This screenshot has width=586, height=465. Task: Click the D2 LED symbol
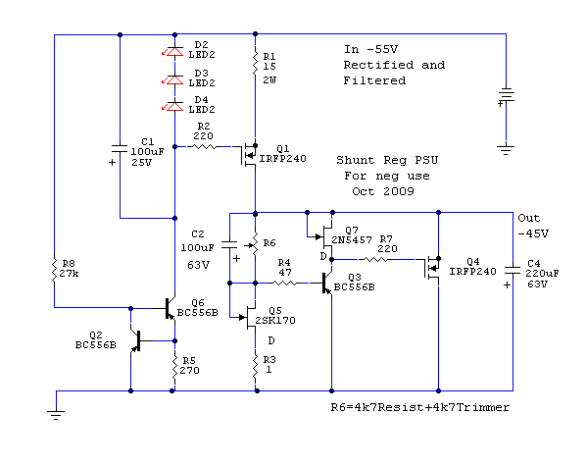tap(174, 52)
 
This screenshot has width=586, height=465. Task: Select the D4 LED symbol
tap(174, 107)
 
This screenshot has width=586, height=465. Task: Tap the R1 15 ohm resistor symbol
tap(255, 63)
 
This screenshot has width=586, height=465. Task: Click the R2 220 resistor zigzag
tap(204, 146)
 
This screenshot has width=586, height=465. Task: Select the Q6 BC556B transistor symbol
tap(170, 308)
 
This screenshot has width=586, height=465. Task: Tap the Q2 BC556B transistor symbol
tap(136, 340)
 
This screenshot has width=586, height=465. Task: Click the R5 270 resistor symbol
tap(174, 366)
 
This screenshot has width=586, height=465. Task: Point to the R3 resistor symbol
tap(255, 366)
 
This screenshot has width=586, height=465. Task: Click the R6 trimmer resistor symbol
tap(254, 244)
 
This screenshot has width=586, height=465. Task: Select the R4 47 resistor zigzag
tap(285, 284)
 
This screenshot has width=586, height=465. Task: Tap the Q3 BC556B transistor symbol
tap(326, 284)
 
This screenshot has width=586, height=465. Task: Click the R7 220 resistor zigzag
tap(376, 259)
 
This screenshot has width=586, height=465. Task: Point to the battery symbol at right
tap(507, 95)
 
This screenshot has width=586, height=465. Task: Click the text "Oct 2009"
tap(383, 191)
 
